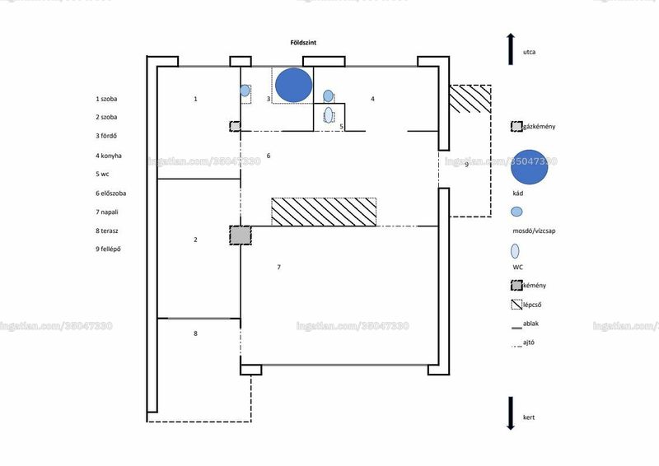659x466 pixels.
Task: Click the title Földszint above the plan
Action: [x=303, y=43]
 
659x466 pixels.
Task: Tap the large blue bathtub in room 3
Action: [x=294, y=86]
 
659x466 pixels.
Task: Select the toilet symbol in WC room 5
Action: [x=328, y=114]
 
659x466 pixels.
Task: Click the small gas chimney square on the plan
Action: [x=235, y=126]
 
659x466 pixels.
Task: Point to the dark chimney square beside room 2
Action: [x=241, y=235]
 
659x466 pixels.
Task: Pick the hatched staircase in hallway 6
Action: [x=324, y=212]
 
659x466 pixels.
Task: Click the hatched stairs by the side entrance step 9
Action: [x=470, y=99]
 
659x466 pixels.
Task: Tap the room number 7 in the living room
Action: [x=278, y=267]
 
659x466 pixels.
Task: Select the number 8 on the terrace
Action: [x=195, y=333]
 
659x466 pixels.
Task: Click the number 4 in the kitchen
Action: [x=372, y=99]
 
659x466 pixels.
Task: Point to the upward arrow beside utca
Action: [x=511, y=49]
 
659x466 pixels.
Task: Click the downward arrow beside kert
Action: [x=511, y=413]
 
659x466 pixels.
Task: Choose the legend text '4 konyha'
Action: [x=109, y=156]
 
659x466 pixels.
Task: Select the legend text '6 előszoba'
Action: [x=110, y=193]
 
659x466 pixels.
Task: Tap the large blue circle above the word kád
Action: [x=529, y=167]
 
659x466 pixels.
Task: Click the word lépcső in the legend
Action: [x=532, y=305]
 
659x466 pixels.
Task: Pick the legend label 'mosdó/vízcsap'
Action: [x=534, y=231]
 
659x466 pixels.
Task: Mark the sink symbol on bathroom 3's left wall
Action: [x=245, y=91]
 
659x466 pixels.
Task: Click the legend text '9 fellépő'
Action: [x=108, y=249]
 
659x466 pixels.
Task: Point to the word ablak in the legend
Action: [x=530, y=324]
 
